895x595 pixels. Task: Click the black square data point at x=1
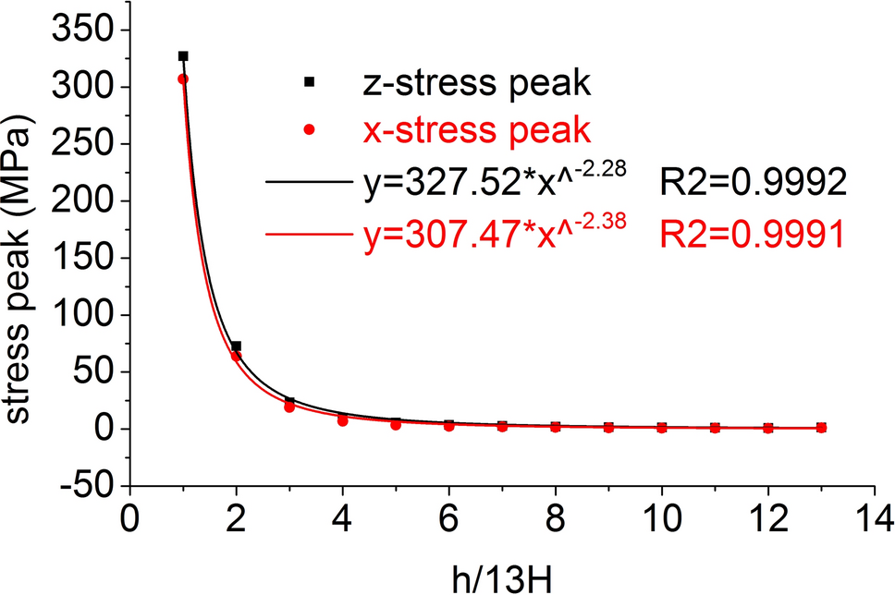[183, 56]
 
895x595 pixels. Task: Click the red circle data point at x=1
[183, 79]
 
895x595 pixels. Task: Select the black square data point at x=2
[237, 346]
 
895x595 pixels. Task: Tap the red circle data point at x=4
[343, 420]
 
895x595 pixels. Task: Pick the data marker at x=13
[821, 428]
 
